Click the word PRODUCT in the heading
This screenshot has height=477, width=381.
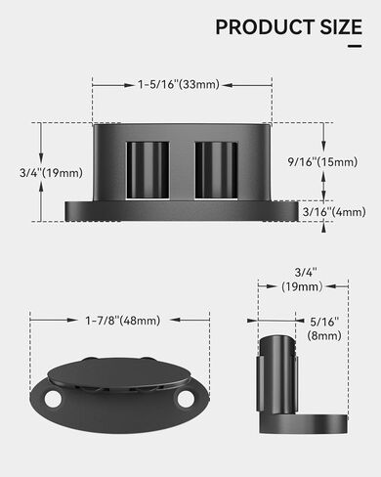(x=260, y=27)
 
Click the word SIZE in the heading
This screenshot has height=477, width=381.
(x=336, y=27)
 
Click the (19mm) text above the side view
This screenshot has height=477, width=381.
(x=303, y=286)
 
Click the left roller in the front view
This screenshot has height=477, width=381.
(x=148, y=168)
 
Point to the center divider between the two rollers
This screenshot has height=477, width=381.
(x=182, y=168)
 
